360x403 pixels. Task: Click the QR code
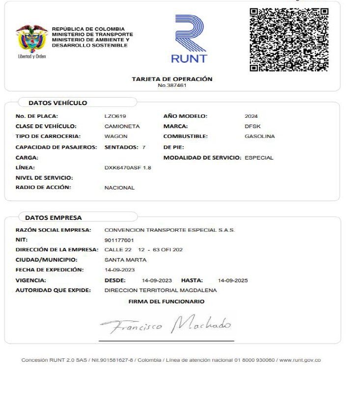point(289,40)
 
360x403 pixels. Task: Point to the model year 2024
point(251,116)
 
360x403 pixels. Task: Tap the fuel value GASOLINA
point(259,136)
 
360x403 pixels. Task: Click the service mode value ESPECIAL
point(259,158)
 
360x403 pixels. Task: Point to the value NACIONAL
point(119,188)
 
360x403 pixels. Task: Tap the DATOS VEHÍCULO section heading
point(58,103)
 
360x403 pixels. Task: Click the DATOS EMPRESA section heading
point(54,217)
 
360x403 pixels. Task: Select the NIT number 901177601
point(119,240)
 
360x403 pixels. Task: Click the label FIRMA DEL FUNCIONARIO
point(166,301)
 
